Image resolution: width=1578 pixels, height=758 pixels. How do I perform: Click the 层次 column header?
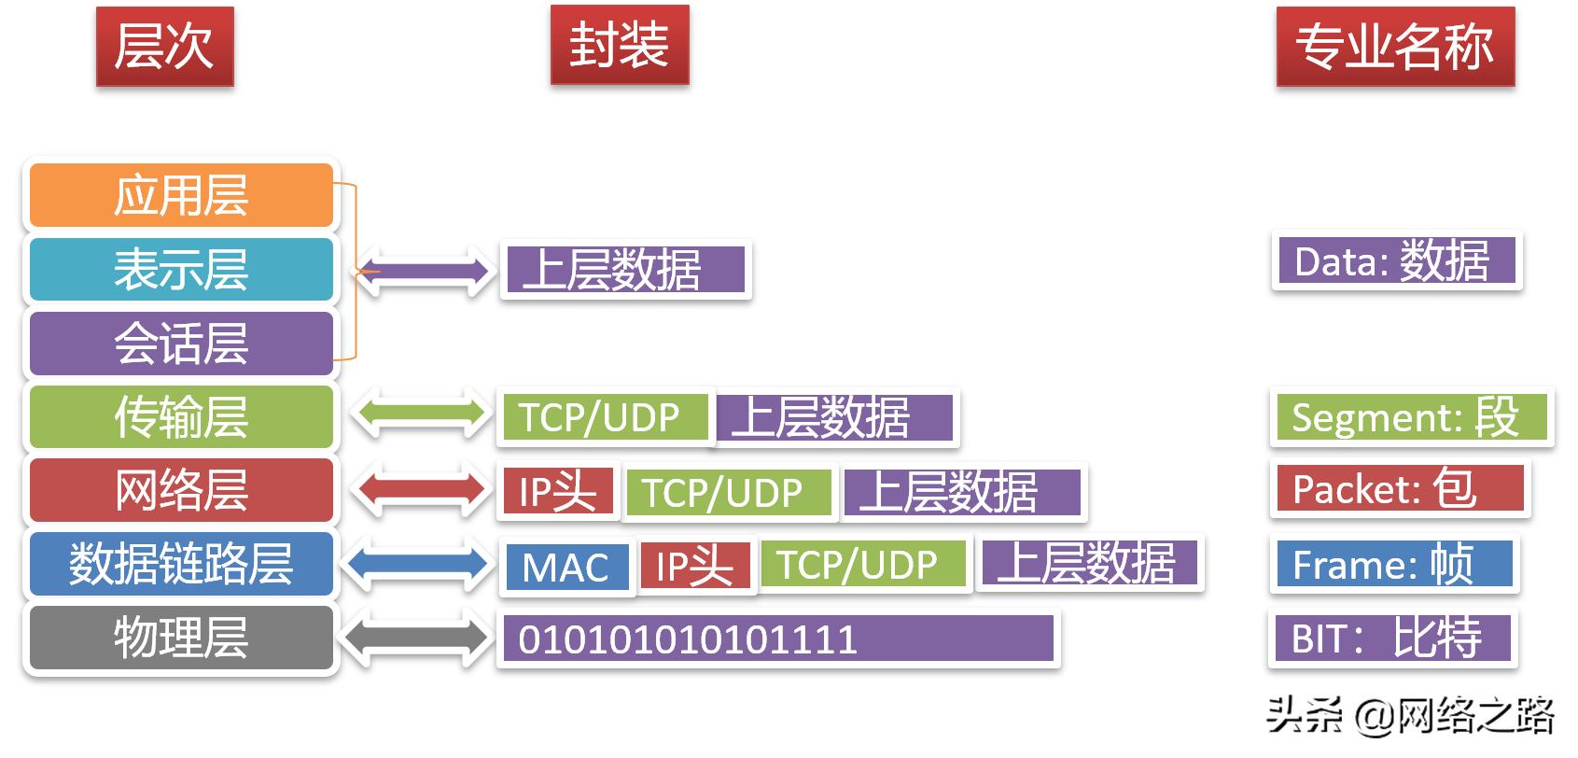point(164,47)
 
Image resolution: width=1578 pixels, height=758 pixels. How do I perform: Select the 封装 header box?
point(620,45)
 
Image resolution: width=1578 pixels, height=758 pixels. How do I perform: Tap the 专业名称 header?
point(1395,47)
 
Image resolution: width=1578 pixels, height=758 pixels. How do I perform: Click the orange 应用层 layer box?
point(181,195)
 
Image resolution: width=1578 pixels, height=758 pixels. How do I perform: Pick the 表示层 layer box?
point(181,269)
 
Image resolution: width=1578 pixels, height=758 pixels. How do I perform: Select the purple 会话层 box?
point(181,343)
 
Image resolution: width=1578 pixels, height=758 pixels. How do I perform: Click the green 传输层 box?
point(181,416)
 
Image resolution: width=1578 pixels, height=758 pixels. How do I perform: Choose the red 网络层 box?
point(181,490)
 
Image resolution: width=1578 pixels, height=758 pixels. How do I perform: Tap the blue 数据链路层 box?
point(181,563)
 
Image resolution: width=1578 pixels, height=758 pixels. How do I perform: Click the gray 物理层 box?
point(181,638)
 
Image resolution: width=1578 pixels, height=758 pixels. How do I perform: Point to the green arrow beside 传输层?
point(423,415)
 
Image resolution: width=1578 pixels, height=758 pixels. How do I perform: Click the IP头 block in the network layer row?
point(557,491)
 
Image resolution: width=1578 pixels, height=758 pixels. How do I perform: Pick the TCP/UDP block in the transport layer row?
point(601,417)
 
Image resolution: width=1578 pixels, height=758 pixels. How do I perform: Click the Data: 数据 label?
point(1395,261)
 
